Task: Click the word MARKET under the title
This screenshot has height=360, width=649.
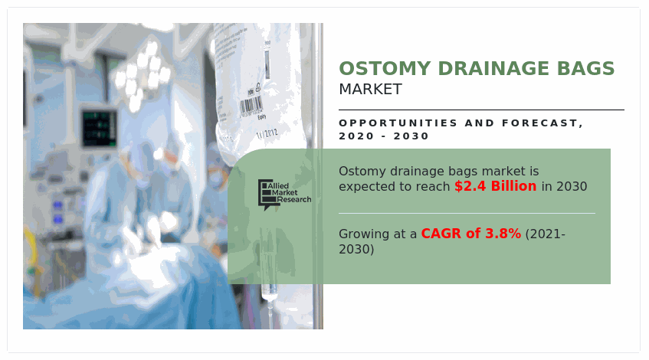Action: (370, 90)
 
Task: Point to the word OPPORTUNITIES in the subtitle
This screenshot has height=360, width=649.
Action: (398, 123)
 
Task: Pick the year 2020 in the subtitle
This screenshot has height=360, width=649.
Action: (356, 136)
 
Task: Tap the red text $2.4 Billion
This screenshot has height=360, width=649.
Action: (496, 186)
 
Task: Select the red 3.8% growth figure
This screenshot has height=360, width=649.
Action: (503, 234)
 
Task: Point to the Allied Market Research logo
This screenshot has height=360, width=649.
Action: (284, 195)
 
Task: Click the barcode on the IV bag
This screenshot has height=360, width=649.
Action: (251, 106)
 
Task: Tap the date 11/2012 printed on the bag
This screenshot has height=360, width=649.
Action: (267, 133)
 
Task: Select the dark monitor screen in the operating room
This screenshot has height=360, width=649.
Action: (99, 128)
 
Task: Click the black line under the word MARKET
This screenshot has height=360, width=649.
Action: (481, 110)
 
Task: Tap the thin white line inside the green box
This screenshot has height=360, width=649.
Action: (467, 214)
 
